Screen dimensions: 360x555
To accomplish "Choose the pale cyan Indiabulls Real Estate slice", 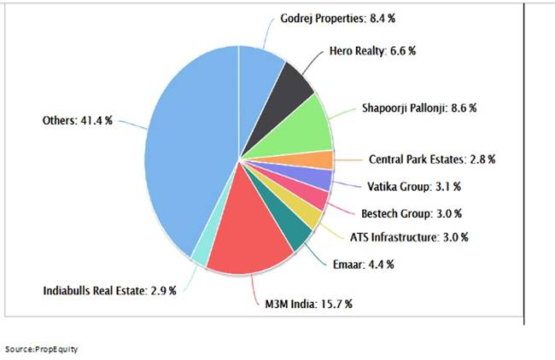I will [199, 253].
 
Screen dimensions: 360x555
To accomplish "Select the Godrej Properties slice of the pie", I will [260, 68].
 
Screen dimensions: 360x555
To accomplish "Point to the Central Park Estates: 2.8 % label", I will [431, 159].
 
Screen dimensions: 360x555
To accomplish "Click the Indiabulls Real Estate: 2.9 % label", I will [109, 291].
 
